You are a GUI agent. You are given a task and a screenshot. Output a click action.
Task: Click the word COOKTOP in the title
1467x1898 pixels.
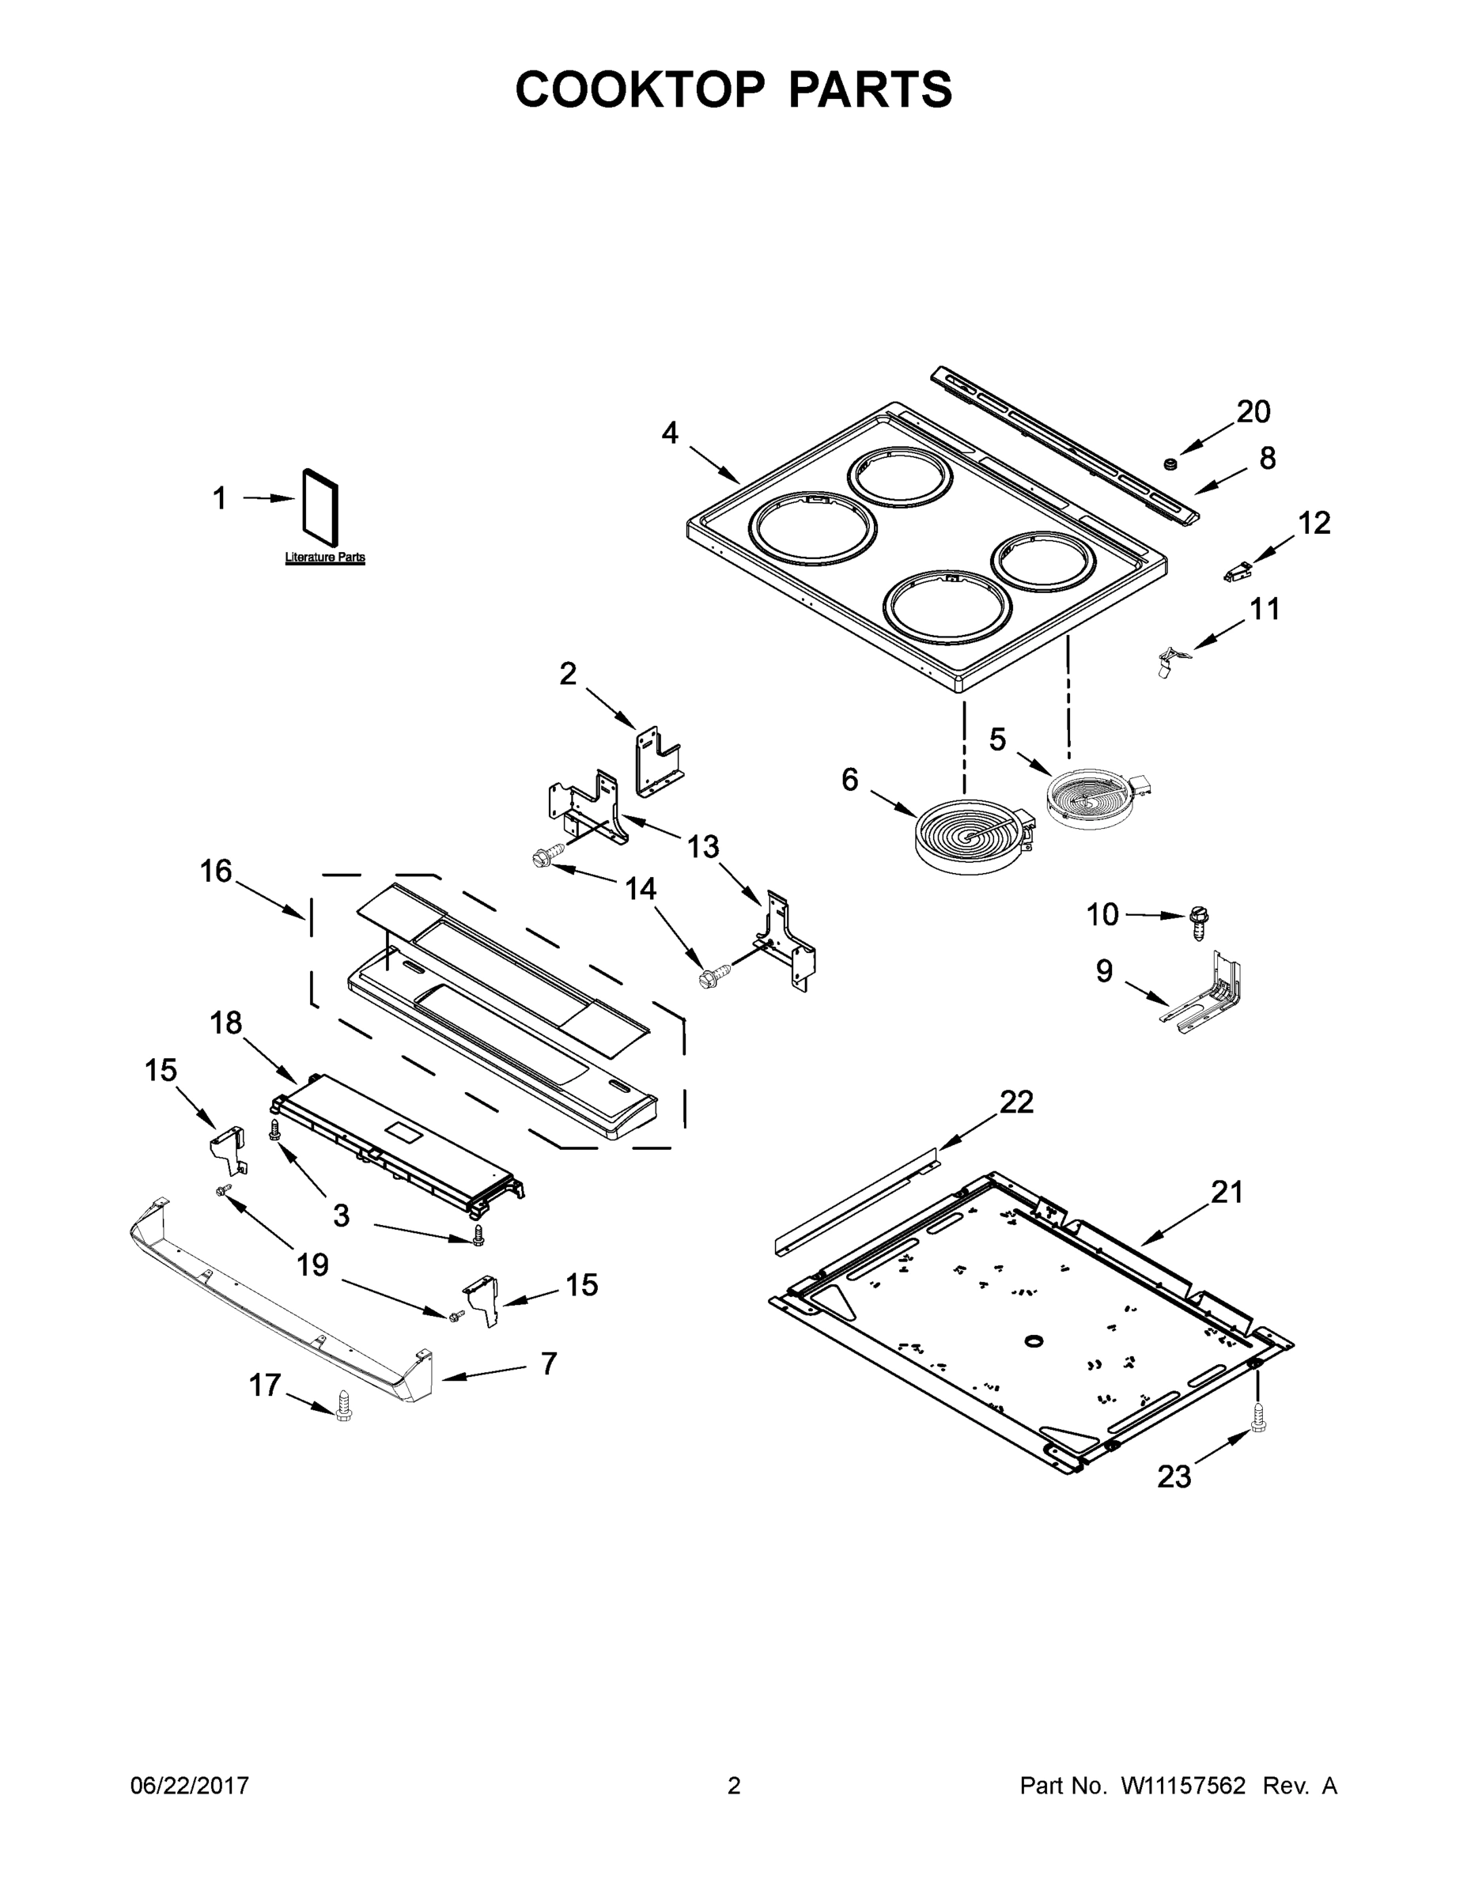point(641,89)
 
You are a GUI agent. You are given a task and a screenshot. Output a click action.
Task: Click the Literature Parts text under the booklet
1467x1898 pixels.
point(325,557)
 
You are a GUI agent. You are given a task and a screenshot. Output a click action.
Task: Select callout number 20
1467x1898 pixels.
point(1253,411)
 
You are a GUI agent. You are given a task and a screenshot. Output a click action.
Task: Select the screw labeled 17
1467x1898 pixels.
point(343,1405)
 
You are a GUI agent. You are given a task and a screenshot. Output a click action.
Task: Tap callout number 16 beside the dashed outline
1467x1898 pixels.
point(217,871)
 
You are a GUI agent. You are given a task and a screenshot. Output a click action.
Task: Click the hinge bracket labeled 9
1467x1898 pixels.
point(1208,990)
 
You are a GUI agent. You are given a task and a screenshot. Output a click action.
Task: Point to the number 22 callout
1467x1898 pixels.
point(1016,1102)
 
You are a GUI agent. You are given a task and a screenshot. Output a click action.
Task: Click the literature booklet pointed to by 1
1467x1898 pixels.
point(319,515)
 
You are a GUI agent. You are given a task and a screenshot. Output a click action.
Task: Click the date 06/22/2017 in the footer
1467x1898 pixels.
point(190,1786)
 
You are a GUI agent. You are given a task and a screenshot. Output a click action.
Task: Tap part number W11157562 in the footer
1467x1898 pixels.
point(1183,1786)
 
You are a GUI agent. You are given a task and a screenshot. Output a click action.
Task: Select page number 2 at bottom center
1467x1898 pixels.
point(734,1786)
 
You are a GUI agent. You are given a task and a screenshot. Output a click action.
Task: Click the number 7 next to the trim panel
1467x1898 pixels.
point(547,1363)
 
